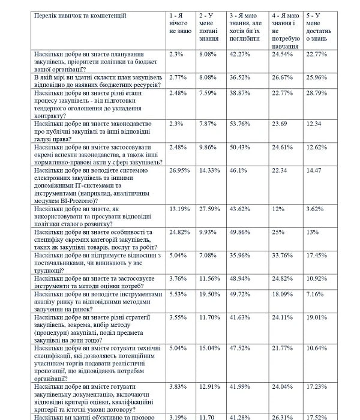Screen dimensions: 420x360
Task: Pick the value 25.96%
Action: [x=317, y=77]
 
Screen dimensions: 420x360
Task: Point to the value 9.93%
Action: [x=209, y=232]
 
